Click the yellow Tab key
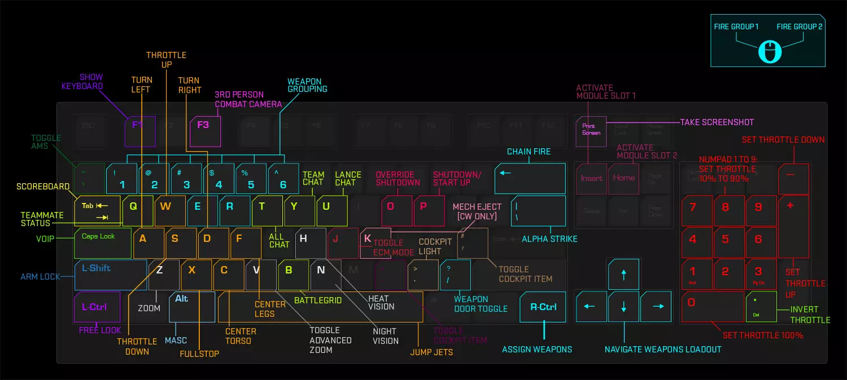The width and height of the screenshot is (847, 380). [x=97, y=211]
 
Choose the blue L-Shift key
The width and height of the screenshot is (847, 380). [x=111, y=275]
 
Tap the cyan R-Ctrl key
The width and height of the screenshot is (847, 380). [x=543, y=307]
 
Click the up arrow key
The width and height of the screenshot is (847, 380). [x=623, y=275]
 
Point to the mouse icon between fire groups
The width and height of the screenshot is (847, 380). [x=770, y=52]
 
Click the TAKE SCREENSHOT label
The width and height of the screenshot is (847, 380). [x=717, y=122]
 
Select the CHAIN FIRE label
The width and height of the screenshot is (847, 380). [x=529, y=152]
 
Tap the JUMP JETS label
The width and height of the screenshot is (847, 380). [x=431, y=353]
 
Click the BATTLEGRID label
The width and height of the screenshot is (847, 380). [x=318, y=301]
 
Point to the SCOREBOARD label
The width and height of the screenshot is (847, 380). [x=43, y=187]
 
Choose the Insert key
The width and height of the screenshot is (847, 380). [x=591, y=179]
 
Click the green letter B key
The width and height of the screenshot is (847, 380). [x=293, y=275]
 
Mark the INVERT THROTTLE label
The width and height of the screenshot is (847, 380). [x=810, y=315]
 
